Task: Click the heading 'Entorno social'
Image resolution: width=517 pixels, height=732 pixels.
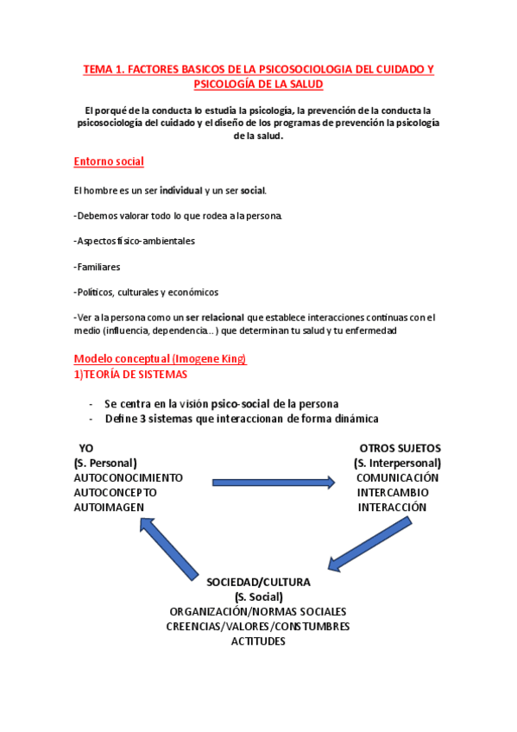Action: pos(109,161)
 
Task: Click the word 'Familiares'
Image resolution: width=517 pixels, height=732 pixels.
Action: pos(98,267)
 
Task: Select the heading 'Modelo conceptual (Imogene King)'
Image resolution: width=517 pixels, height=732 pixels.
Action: pos(160,359)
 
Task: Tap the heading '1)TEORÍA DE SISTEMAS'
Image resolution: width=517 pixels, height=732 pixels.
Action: pos(130,374)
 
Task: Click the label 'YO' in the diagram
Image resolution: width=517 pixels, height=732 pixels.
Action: pos(86,448)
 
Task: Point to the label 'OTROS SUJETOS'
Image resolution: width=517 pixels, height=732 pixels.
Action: pos(400,448)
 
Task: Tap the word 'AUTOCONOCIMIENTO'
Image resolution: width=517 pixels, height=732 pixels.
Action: pos(128,477)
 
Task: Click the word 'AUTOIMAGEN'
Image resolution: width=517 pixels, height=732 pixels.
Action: pos(109,507)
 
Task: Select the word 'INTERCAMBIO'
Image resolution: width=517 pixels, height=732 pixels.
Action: pos(393,492)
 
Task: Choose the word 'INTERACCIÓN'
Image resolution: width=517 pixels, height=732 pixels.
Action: pos(393,507)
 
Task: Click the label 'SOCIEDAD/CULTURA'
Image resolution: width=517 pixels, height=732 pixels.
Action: pos(258,582)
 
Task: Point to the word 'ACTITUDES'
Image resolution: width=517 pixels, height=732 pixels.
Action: pos(258,640)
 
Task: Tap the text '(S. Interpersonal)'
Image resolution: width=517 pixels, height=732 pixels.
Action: pos(397,463)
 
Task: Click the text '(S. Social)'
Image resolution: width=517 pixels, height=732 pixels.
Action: pos(258,596)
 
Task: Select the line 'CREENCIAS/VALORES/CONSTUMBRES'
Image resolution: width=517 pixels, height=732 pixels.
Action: pos(258,626)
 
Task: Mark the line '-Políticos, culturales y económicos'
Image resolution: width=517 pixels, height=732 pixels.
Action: pos(147,292)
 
